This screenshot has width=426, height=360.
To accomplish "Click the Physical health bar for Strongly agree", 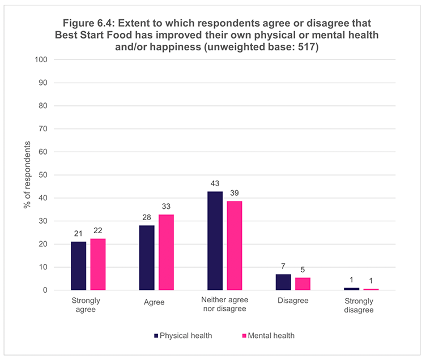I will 78,265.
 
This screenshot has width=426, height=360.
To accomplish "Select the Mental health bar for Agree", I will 166,252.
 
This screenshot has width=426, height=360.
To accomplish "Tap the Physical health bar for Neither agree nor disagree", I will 215,241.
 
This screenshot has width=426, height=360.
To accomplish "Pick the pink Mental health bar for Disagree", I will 303,284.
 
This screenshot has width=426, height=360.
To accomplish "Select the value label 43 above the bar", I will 215,183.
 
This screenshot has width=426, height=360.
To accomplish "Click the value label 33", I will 166,207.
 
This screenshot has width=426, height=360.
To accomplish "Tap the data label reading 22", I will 98,230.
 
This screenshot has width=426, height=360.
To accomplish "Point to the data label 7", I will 283,266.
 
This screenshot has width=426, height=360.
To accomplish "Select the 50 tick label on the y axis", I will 42,175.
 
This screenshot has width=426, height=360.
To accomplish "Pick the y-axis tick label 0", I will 45,290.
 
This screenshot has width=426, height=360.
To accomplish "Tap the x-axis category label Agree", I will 155,302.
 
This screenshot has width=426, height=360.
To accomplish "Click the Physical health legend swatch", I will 156,336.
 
